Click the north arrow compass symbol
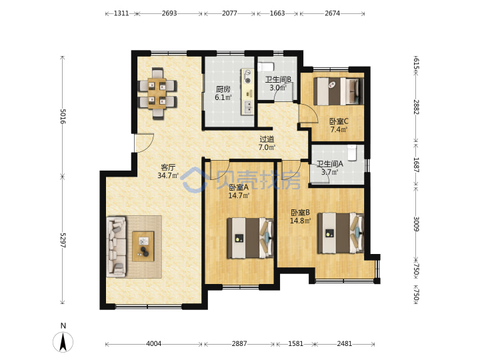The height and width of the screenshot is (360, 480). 63,341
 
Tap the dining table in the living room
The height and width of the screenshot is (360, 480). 157,94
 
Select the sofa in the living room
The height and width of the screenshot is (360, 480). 116,247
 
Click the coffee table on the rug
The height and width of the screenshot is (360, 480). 143,247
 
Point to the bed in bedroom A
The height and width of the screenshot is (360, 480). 250,238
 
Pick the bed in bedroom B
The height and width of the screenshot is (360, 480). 341,233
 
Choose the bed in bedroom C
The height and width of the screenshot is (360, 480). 338,91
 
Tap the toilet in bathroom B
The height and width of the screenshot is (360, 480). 265,67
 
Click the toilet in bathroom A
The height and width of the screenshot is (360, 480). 353,153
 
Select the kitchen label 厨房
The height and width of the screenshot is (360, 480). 223,89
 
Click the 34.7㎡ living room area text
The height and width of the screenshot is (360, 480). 168,175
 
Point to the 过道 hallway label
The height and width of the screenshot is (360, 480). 267,139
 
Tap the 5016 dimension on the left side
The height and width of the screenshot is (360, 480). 63,116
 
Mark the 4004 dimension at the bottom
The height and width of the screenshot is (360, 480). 154,344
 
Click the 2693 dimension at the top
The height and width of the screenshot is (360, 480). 169,13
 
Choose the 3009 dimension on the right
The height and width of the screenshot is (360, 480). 416,224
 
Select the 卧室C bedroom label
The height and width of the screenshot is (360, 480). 339,121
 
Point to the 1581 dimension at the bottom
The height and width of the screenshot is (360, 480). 296,344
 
